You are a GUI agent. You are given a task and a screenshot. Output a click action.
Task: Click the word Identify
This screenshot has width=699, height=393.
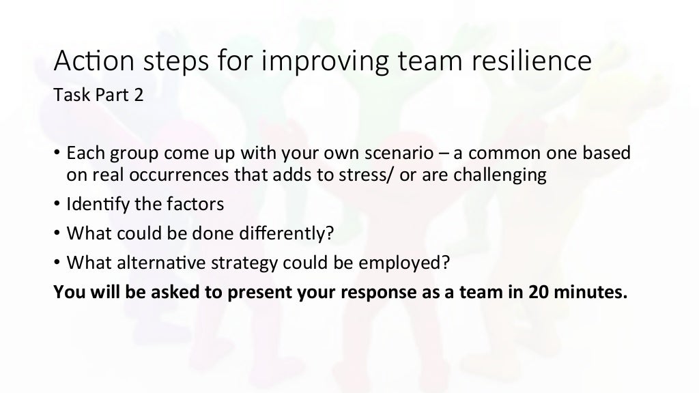pyautogui.click(x=95, y=204)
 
